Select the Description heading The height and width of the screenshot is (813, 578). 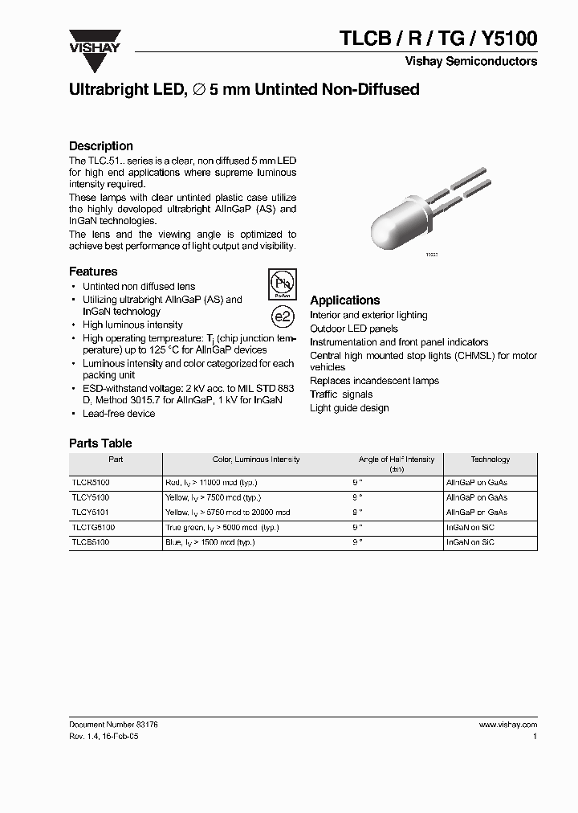[x=101, y=146]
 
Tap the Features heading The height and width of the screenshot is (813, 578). [x=93, y=272]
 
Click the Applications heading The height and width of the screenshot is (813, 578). [x=344, y=300]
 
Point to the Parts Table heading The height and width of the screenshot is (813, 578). [x=100, y=443]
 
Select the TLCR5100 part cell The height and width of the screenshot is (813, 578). [x=92, y=483]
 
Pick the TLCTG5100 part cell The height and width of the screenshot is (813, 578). [x=94, y=528]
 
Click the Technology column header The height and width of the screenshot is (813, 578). [x=490, y=460]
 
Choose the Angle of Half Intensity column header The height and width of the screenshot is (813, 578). [x=397, y=464]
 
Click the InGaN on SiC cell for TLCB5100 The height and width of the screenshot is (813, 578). [x=470, y=542]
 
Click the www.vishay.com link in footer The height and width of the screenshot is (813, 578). [x=507, y=724]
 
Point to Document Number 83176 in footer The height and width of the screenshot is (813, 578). [x=113, y=724]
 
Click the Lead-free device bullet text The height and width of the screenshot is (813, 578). [x=119, y=414]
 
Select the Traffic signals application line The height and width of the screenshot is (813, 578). [x=341, y=394]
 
